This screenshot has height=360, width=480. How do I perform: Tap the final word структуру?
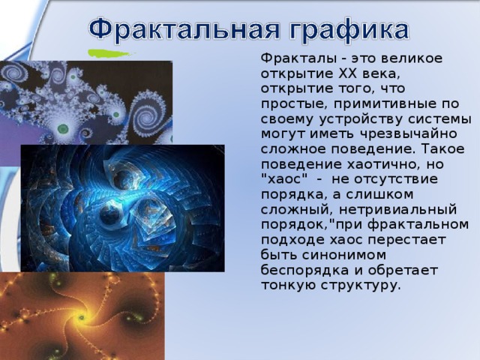(360, 284)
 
